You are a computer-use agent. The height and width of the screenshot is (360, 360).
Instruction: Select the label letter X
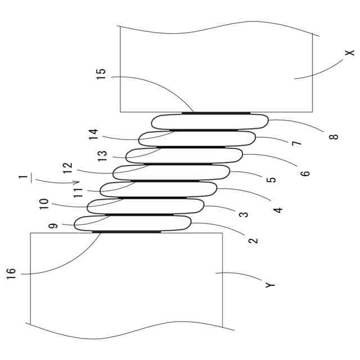(x=349, y=52)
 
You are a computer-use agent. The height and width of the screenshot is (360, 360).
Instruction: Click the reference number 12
(x=67, y=168)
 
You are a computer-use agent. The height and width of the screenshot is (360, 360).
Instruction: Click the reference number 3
(x=243, y=214)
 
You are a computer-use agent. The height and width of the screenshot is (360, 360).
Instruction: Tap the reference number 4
(x=278, y=209)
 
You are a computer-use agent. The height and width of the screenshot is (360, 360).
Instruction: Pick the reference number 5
(x=271, y=179)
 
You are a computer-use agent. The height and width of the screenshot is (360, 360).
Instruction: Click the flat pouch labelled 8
(x=210, y=121)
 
